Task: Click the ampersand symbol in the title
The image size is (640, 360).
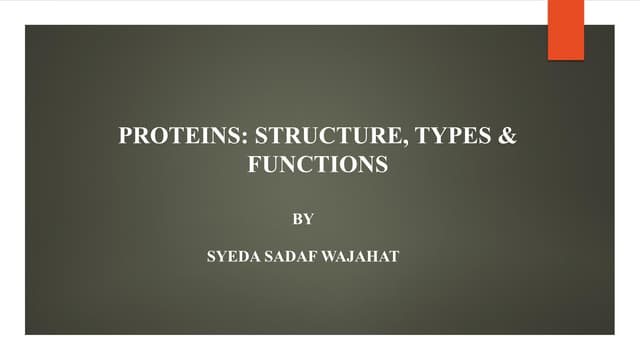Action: click(x=509, y=137)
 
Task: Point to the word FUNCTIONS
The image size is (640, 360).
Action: click(x=317, y=165)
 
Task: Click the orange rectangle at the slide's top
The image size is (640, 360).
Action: click(x=566, y=29)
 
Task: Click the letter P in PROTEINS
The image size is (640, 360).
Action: click(x=125, y=137)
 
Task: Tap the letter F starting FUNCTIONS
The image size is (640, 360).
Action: click(x=253, y=165)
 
